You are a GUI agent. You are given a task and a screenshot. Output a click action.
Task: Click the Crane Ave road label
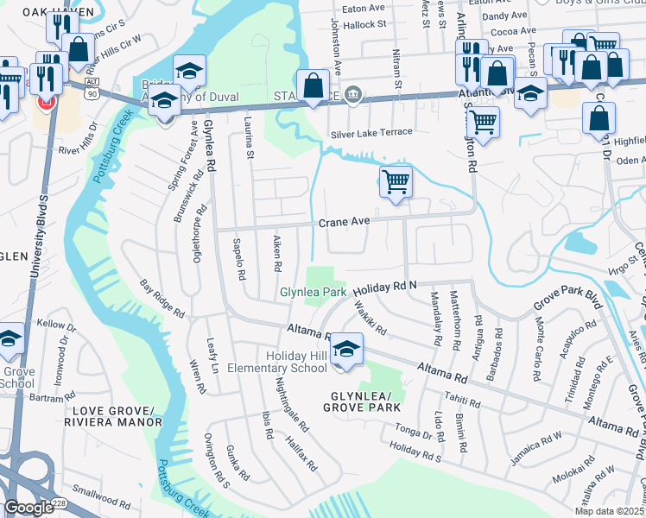coord(344,223)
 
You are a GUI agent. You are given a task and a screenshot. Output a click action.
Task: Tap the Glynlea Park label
coord(312,293)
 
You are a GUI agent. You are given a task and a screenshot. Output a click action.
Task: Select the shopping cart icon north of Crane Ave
coord(396,182)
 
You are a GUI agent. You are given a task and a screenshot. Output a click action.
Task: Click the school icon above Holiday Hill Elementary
coord(346,350)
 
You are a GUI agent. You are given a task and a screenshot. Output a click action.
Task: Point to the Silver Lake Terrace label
coord(371,134)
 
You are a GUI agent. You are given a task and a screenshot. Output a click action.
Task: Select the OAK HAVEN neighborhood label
coord(35,11)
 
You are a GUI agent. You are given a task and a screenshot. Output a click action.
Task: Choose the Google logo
coord(28,508)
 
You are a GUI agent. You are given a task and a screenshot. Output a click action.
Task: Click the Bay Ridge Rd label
coord(161,298)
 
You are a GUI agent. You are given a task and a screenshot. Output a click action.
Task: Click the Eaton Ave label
coord(363,8)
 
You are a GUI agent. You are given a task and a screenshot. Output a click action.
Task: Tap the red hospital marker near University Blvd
coord(44,103)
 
